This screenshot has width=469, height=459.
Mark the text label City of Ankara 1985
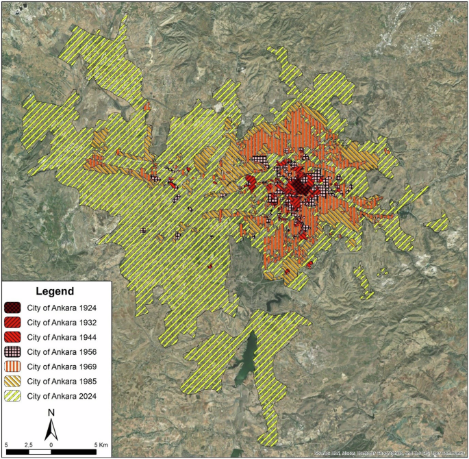pos(61,381)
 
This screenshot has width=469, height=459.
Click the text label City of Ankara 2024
pos(61,396)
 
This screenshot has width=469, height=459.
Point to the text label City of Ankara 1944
pos(61,337)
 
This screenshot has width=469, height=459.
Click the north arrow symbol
pos(51,430)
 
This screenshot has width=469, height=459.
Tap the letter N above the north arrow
pos(51,412)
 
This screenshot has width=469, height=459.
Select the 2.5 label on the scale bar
pos(28,445)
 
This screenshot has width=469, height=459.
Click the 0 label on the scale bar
pos(51,445)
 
